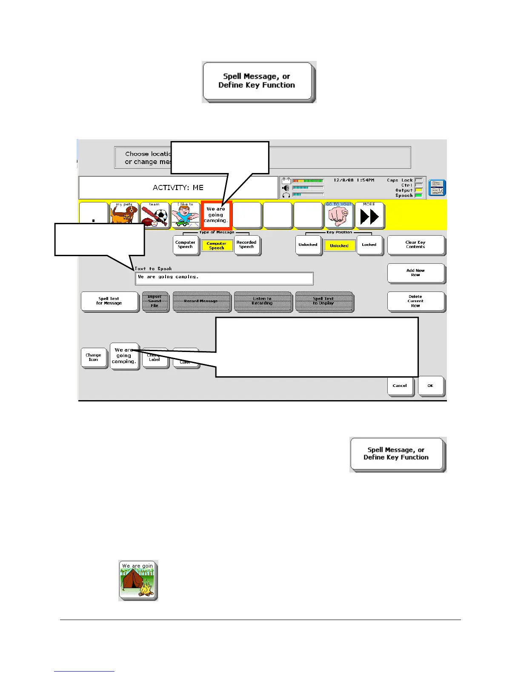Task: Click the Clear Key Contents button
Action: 415,245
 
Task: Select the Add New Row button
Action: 415,273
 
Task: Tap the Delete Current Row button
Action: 415,301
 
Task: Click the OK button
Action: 430,386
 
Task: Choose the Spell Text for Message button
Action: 109,301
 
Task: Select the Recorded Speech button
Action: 246,245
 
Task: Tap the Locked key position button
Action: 369,245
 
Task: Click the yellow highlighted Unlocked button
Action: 339,245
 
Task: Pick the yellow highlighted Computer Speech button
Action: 217,245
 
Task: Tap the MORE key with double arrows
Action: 369,216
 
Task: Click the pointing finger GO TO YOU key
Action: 339,216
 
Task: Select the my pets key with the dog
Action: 124,216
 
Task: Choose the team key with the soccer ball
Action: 155,216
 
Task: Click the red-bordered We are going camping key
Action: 216,215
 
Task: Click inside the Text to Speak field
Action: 224,278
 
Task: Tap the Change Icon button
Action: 93,357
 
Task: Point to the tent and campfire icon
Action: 138,580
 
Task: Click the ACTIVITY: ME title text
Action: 178,187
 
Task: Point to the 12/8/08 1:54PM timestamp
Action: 354,180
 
